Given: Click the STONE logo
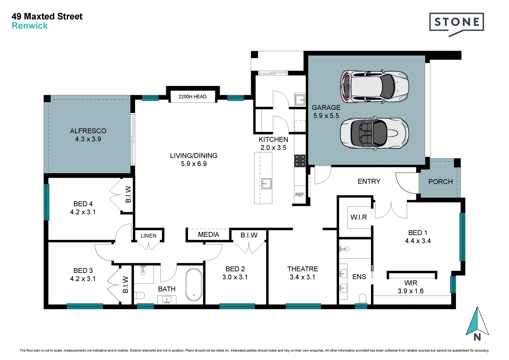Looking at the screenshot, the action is coord(457,24).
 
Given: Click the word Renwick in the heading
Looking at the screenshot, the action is coord(30,26).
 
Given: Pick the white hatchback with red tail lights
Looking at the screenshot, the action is coord(374,86).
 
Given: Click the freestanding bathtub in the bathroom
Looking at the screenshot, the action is coord(194,285).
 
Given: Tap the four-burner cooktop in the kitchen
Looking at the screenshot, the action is coord(300,161).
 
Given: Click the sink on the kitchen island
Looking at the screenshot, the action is coord(266,184).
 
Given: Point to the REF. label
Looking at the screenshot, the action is coord(300,195).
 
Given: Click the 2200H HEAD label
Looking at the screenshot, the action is coord(192,97).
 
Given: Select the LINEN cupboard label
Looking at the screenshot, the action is coord(148,236).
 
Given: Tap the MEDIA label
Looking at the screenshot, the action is coord(209,235).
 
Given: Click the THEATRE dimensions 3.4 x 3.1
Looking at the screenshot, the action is coord(302,277).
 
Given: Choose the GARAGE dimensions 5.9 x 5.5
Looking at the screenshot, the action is coord(326,116).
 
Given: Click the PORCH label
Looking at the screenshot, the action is coord(440,182).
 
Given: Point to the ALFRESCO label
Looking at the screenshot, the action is coord(88,131).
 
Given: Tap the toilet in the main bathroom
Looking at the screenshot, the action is coord(139,295).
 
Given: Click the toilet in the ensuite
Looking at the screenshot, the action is coord(362,298).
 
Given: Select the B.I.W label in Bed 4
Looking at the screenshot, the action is coord(128,194).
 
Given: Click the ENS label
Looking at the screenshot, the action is coord(359,277).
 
